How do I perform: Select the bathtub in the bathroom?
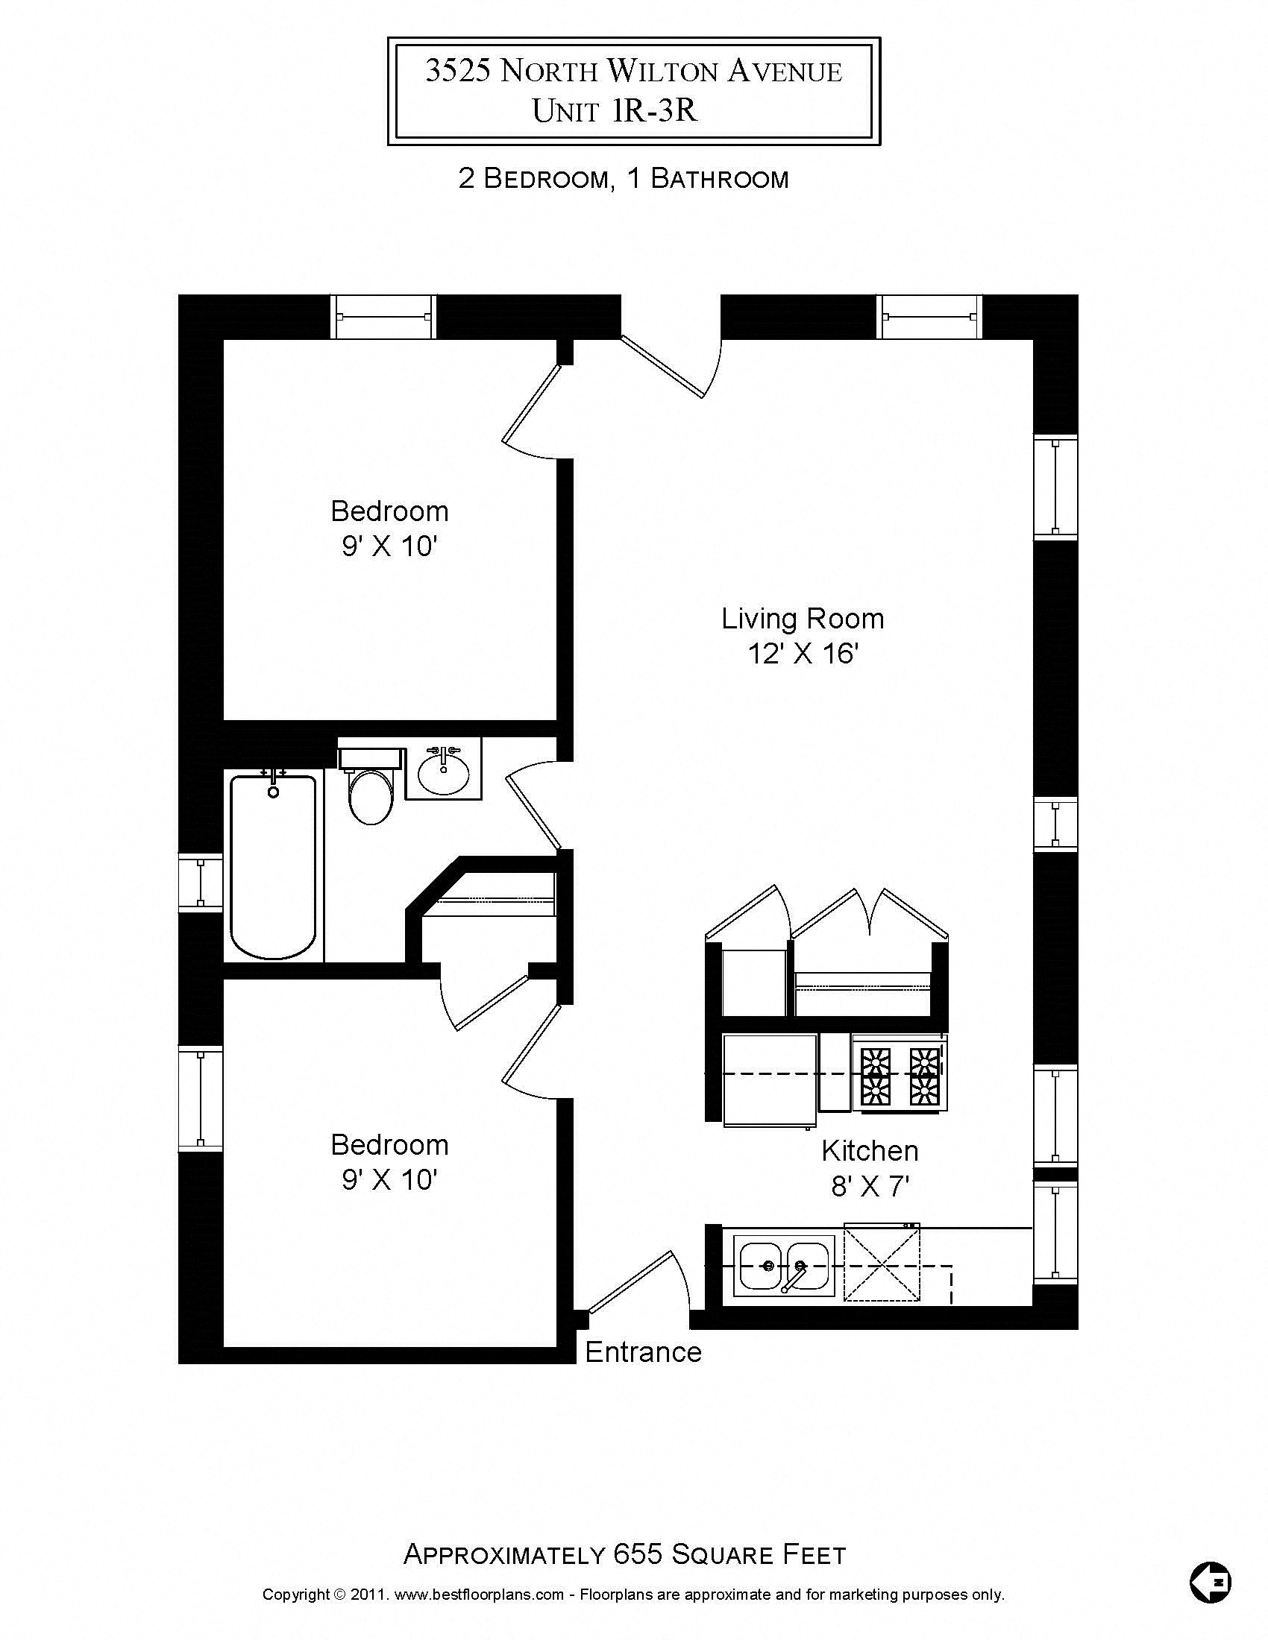point(273,867)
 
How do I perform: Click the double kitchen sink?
point(784,1265)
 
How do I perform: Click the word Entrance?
point(643,1352)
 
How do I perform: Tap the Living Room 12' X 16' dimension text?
point(803,654)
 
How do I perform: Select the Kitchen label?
point(869,1151)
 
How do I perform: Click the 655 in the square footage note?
point(638,1554)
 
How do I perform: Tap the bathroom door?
point(534,811)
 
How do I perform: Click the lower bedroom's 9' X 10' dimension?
point(389,1180)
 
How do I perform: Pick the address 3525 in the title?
point(458,71)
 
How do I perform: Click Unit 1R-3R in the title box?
point(615,110)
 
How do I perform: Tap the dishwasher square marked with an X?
point(882,1265)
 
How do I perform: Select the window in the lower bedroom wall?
point(201,1098)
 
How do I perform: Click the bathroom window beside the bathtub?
point(201,883)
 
